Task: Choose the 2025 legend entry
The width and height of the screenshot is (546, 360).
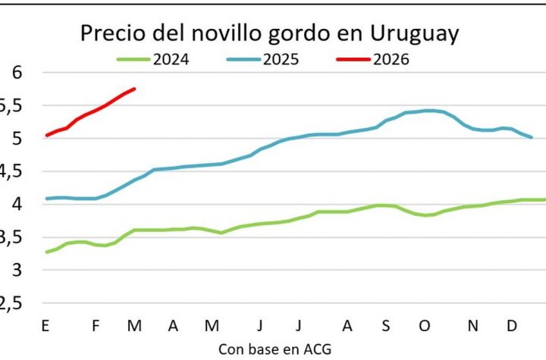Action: [281, 58]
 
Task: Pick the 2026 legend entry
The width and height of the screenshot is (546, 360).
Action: [390, 58]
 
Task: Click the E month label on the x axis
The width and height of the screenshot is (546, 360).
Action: [45, 326]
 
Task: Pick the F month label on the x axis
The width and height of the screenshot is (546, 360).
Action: [96, 326]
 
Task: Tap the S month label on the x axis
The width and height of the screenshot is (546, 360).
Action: [385, 326]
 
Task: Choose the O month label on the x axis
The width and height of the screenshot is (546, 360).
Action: [424, 326]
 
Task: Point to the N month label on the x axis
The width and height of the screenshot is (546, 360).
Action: [473, 326]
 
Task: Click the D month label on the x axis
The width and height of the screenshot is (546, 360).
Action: [512, 326]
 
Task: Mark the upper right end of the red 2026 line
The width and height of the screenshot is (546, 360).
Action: [134, 89]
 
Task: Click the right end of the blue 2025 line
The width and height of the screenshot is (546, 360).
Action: [532, 137]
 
